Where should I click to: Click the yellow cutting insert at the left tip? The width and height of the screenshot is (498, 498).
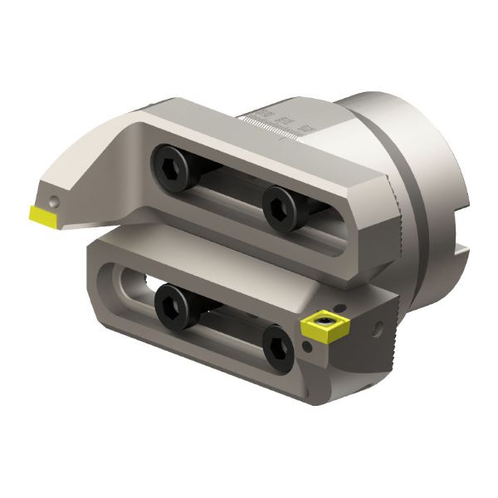click(x=41, y=215)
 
